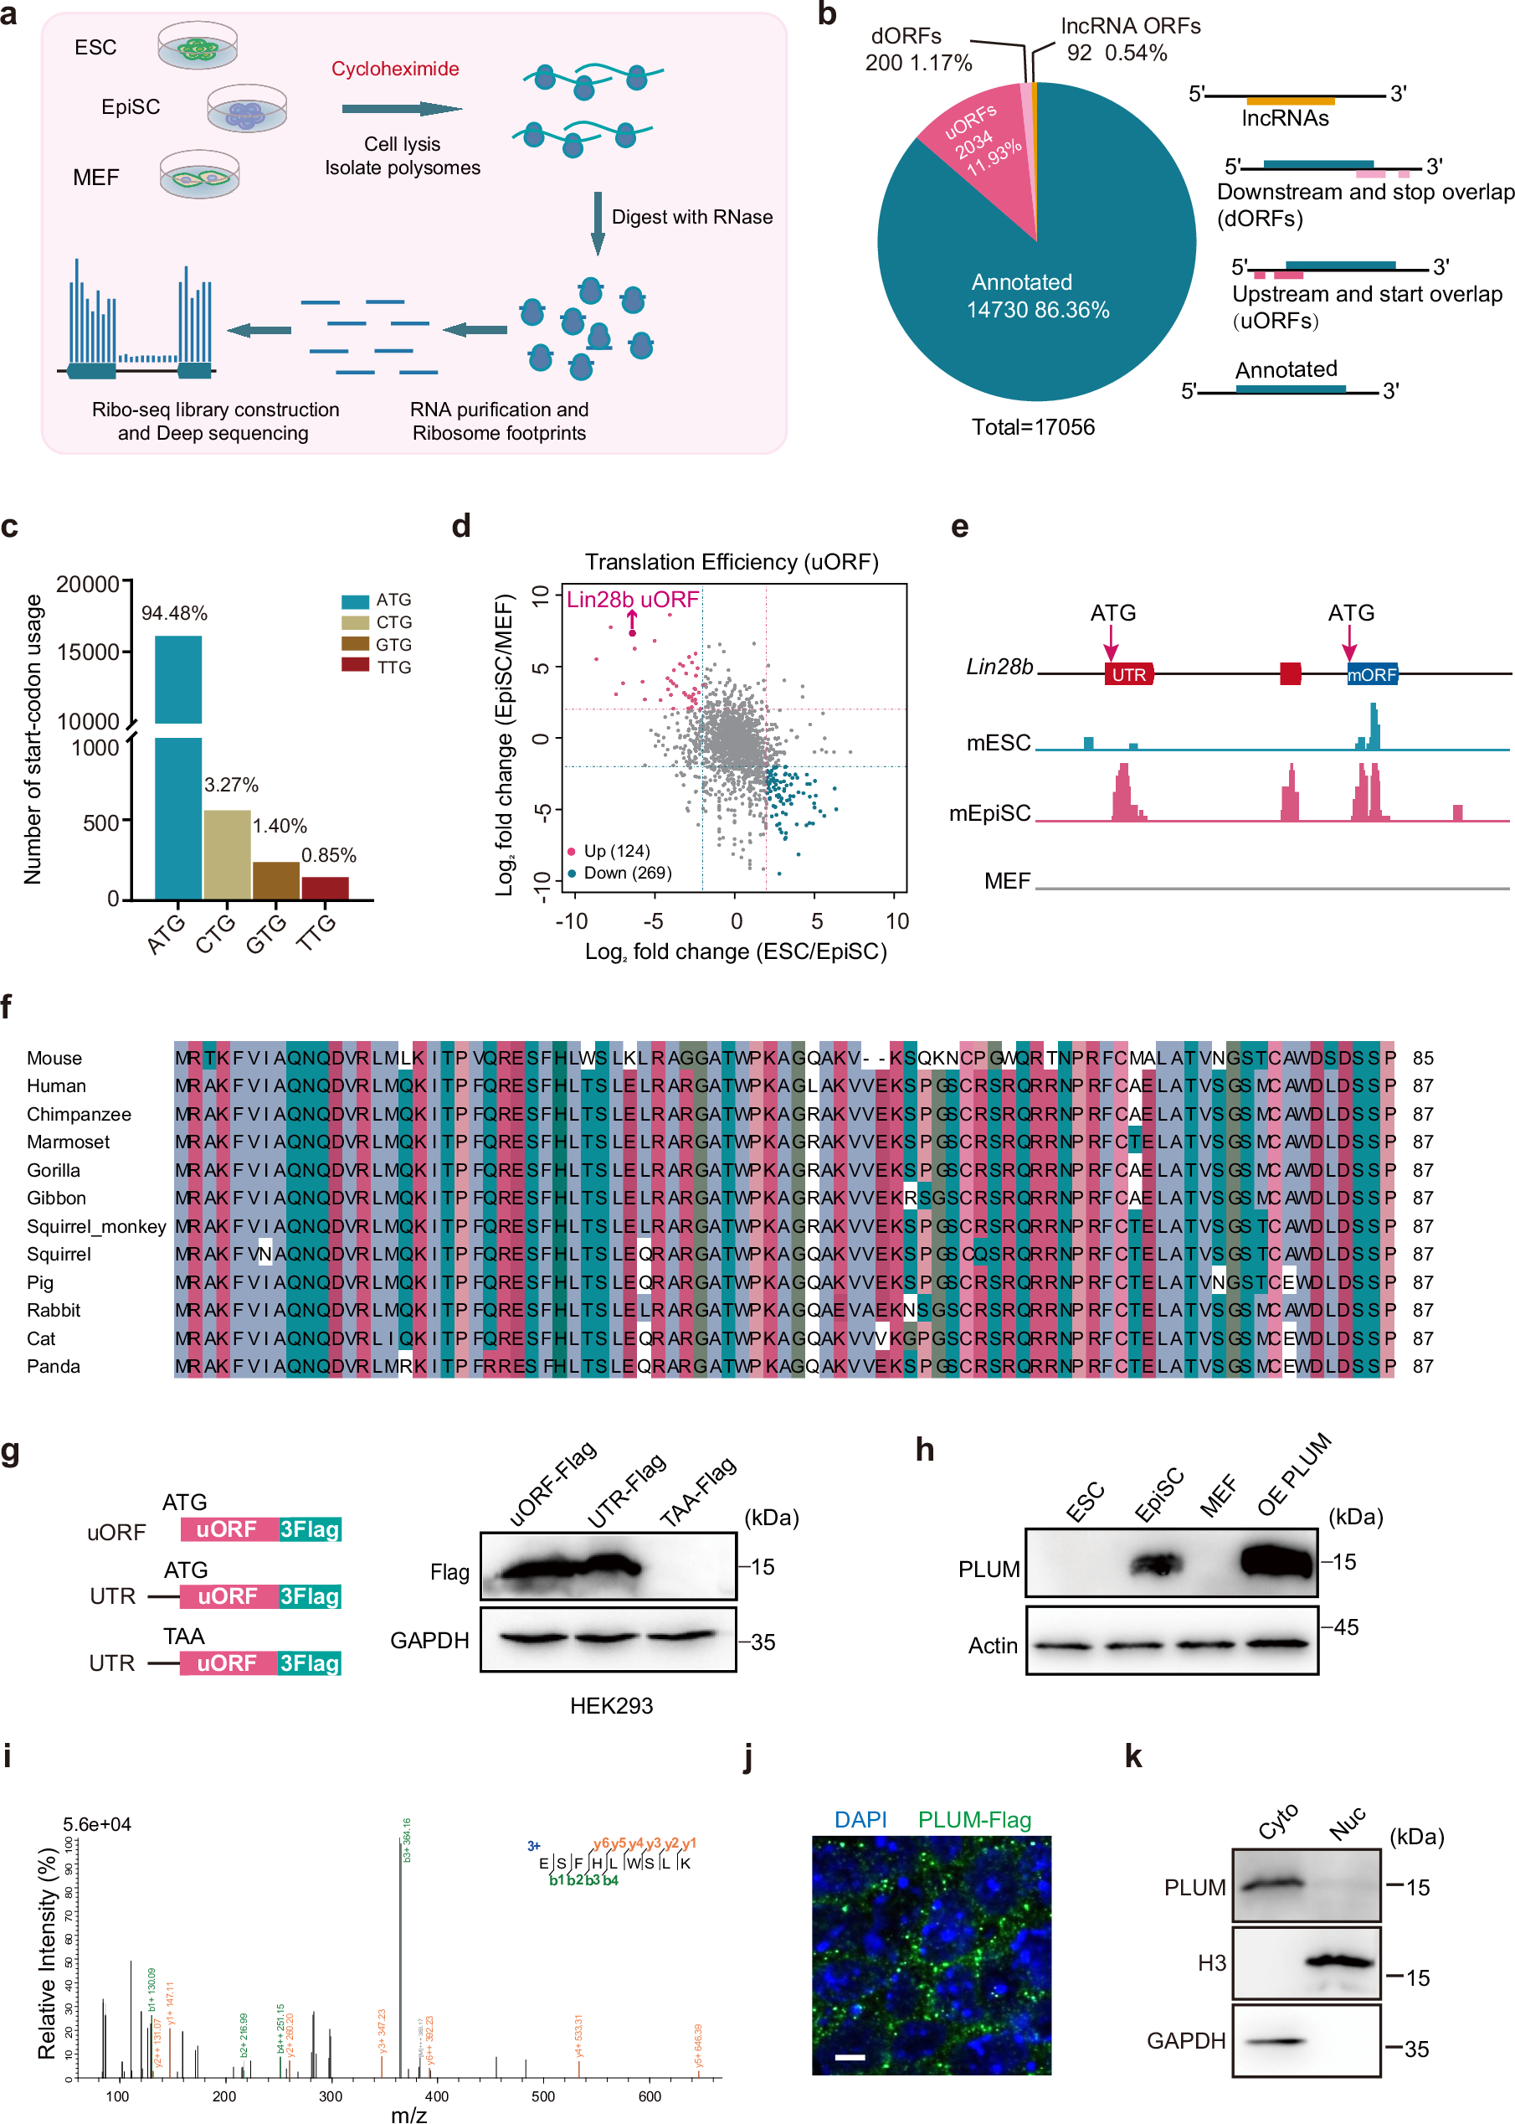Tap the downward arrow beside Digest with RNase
pyautogui.click(x=598, y=222)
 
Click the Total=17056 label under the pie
pyautogui.click(x=1033, y=427)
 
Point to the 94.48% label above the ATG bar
pyautogui.click(x=174, y=613)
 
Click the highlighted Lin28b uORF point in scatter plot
pyautogui.click(x=633, y=634)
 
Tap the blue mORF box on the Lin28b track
pyautogui.click(x=1371, y=673)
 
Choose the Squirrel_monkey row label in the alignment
pyautogui.click(x=96, y=1226)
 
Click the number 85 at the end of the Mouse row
pyautogui.click(x=1423, y=1059)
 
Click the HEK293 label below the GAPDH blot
pyautogui.click(x=611, y=1706)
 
